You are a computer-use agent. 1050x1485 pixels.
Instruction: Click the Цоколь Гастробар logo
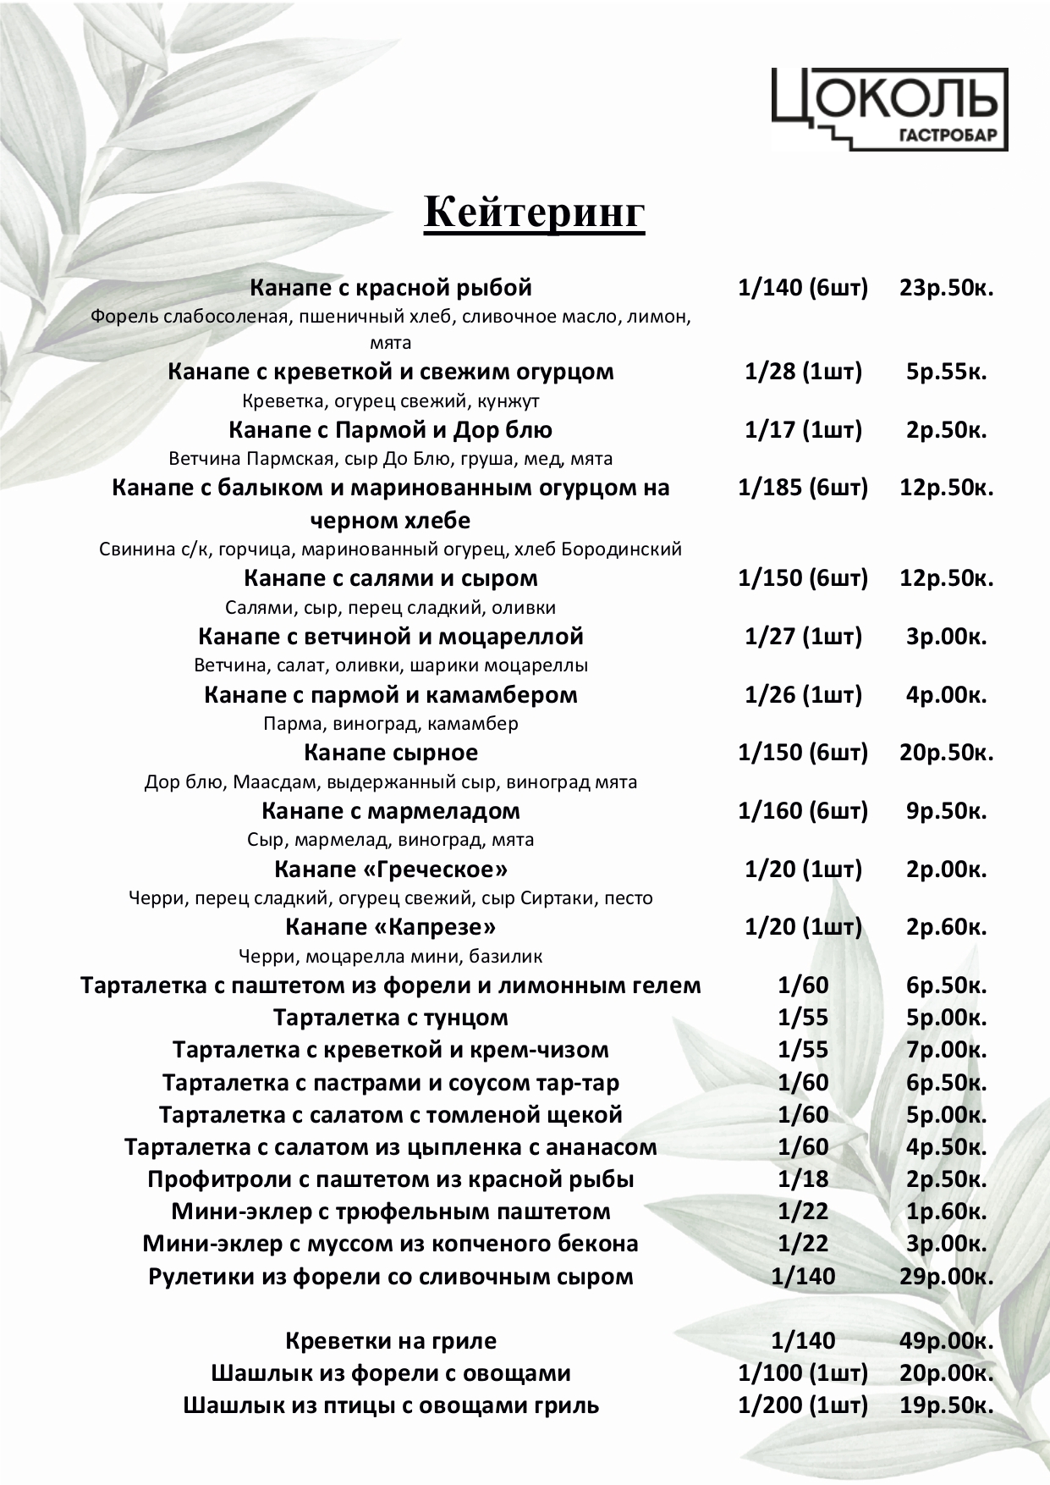889,109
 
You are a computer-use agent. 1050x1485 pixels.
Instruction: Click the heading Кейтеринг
534,213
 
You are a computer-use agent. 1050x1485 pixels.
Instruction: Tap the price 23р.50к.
946,288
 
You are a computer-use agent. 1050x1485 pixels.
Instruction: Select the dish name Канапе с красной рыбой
391,288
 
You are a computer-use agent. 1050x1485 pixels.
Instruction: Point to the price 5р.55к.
946,372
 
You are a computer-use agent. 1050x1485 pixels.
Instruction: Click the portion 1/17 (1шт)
803,430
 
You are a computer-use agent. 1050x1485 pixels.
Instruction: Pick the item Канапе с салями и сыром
391,578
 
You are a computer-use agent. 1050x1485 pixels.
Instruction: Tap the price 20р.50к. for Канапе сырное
946,753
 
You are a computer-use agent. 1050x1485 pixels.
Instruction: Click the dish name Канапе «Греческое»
391,869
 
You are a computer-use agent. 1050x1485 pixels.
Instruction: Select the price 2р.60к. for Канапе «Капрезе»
946,927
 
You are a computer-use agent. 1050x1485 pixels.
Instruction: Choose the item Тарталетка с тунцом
391,1018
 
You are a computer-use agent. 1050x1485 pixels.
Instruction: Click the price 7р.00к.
946,1050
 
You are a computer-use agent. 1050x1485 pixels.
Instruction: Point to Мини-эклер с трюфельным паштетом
391,1212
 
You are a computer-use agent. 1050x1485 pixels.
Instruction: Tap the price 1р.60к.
946,1212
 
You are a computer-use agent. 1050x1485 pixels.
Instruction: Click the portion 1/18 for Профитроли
803,1179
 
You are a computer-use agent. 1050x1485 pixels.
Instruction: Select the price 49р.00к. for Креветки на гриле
946,1341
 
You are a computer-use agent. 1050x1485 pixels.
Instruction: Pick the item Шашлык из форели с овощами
391,1373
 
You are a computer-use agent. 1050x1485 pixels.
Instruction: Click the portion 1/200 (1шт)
803,1405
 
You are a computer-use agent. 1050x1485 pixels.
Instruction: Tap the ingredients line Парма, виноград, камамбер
391,724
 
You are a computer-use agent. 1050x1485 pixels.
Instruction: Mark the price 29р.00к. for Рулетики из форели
946,1277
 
